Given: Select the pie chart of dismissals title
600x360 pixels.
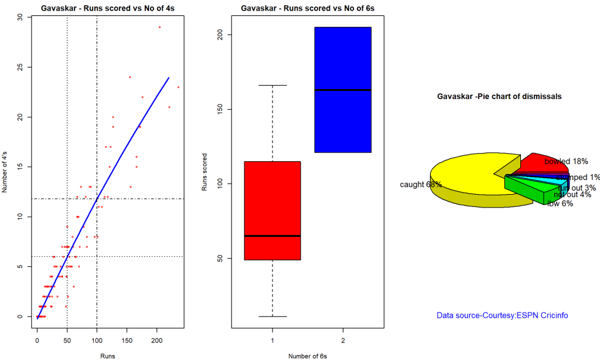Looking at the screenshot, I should tap(499, 96).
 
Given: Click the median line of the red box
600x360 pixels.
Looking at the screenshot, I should tap(272, 236).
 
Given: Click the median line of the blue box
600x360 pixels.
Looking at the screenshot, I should tap(343, 90).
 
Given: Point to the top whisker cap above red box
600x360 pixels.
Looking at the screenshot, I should tap(272, 86).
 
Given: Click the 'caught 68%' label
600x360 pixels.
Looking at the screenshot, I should tap(421, 185).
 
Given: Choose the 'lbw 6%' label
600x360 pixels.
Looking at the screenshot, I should tap(560, 203).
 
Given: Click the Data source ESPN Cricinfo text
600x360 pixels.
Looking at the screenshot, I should tap(502, 315).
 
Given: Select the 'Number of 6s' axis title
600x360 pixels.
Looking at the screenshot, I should tap(308, 355).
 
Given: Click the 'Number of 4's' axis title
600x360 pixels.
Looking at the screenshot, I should tap(6, 167).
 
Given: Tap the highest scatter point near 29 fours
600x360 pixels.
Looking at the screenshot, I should tap(159, 27).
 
